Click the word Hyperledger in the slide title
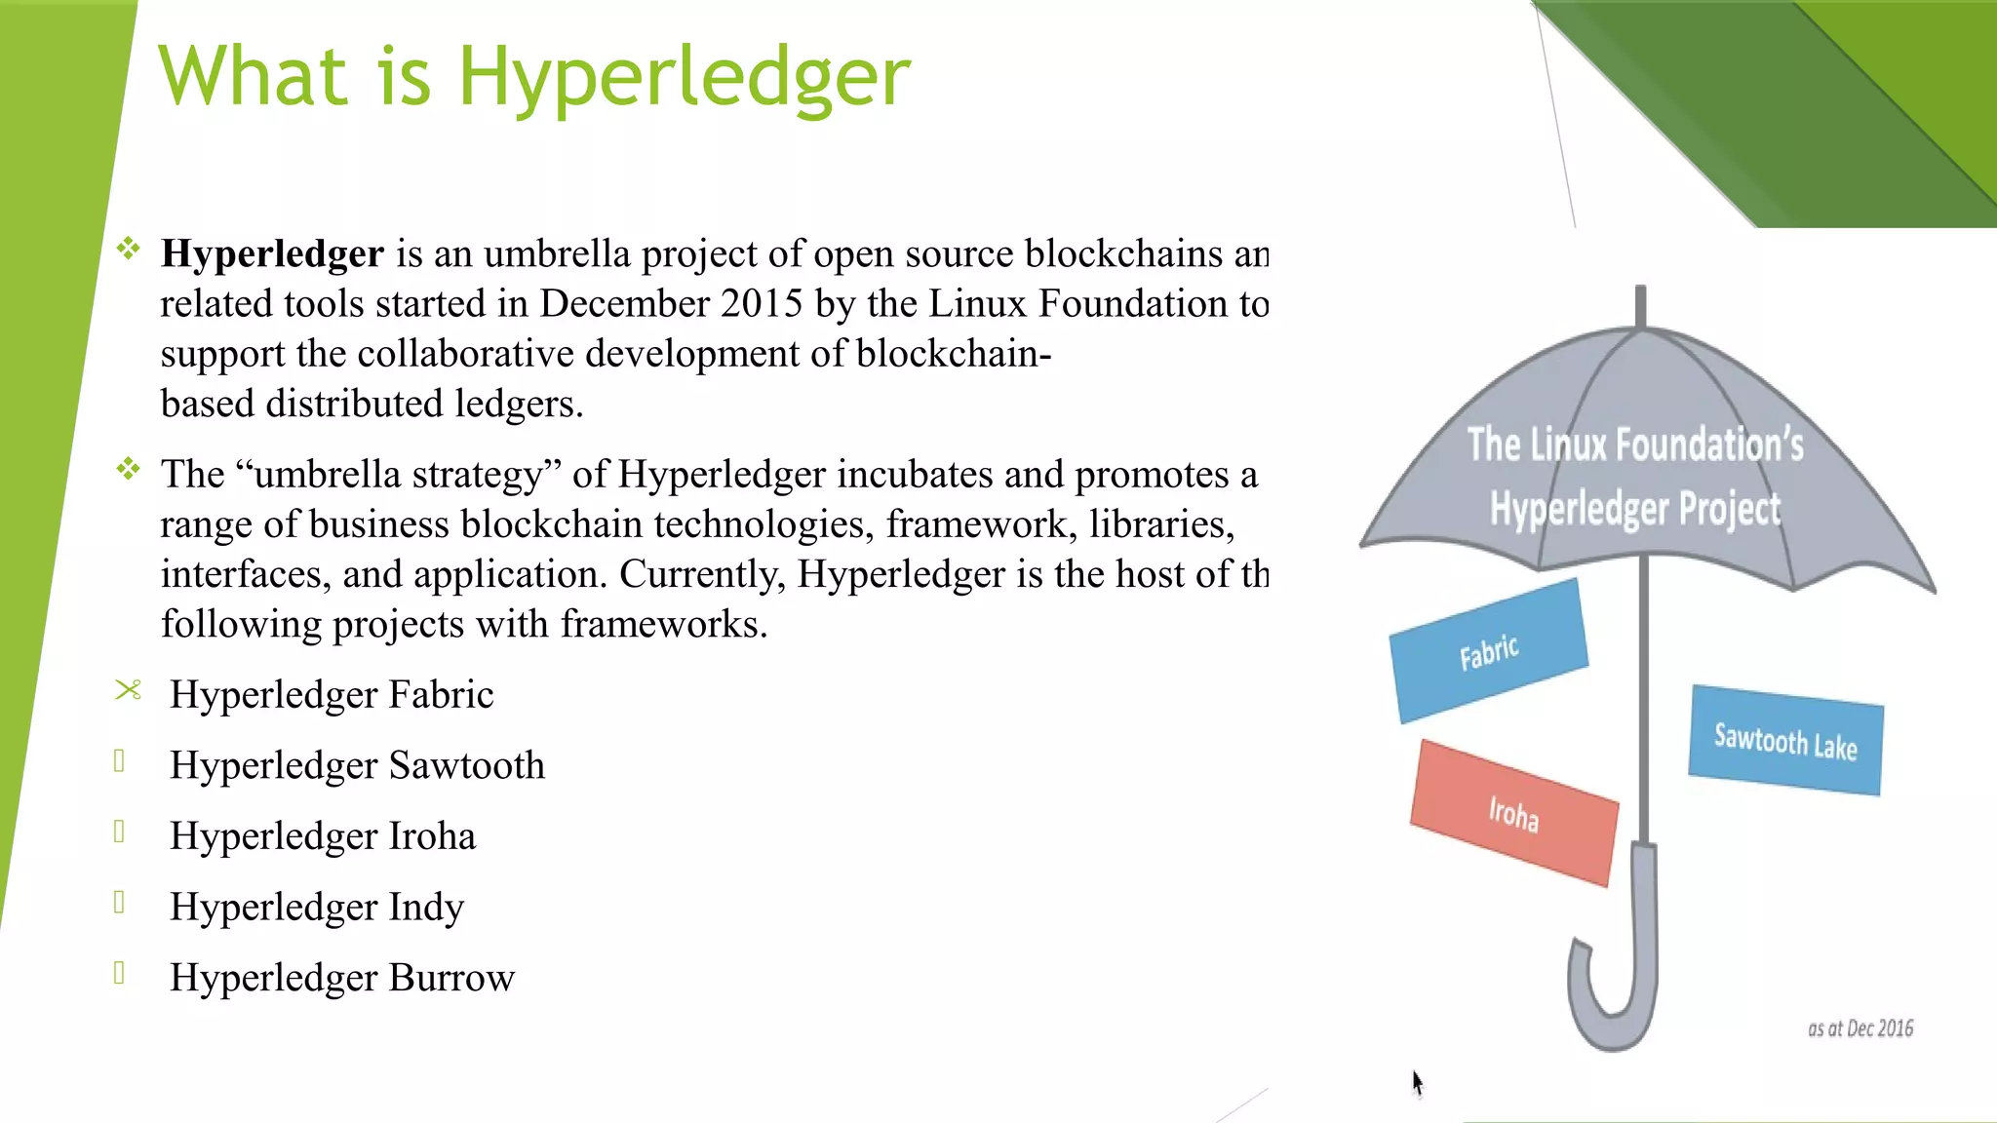click(x=684, y=78)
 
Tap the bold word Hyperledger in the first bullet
click(x=272, y=254)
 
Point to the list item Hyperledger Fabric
click(x=332, y=695)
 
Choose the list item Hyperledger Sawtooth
click(x=357, y=766)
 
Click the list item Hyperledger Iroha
click(x=323, y=836)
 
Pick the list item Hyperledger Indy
click(x=317, y=908)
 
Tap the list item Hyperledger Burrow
click(x=341, y=978)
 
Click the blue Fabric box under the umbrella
click(x=1489, y=651)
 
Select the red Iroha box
click(x=1513, y=813)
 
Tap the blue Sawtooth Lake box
click(x=1785, y=741)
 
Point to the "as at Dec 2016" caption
click(x=1860, y=1028)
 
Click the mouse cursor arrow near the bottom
click(x=1417, y=1082)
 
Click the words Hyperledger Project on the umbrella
click(x=1634, y=509)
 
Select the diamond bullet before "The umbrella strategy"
click(x=128, y=470)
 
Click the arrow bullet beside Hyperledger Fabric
click(x=128, y=690)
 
